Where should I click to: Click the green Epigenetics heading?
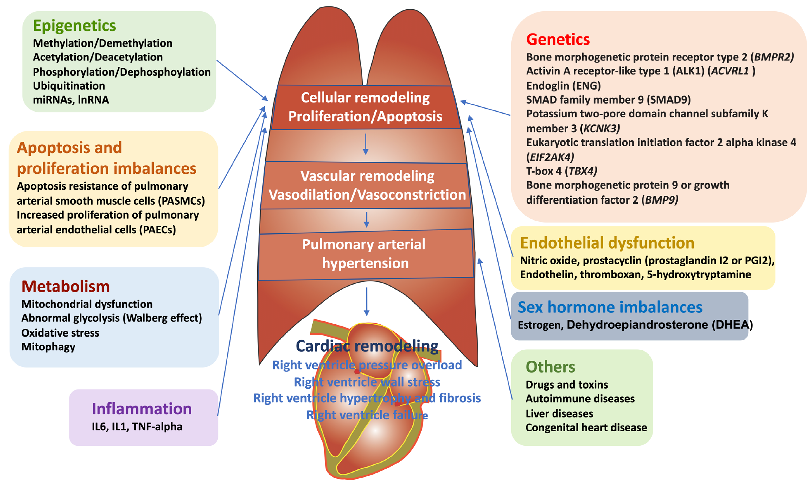pyautogui.click(x=74, y=26)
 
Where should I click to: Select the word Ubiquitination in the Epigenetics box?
pyautogui.click(x=69, y=86)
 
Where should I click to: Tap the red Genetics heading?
pyautogui.click(x=558, y=39)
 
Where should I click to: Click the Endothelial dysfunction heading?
pyautogui.click(x=607, y=243)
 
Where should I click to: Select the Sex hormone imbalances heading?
pyautogui.click(x=610, y=307)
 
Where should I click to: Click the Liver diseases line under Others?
pyautogui.click(x=559, y=413)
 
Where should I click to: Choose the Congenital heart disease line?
pyautogui.click(x=586, y=427)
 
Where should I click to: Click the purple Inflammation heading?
pyautogui.click(x=142, y=408)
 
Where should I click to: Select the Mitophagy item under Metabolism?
pyautogui.click(x=48, y=347)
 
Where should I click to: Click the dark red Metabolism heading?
pyautogui.click(x=65, y=286)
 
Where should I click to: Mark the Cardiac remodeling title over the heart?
pyautogui.click(x=367, y=346)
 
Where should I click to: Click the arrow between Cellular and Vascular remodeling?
pyautogui.click(x=365, y=144)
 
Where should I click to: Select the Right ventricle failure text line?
pyautogui.click(x=367, y=415)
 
